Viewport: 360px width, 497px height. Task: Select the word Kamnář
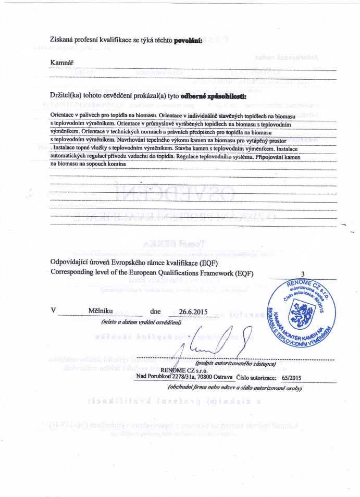(x=61, y=63)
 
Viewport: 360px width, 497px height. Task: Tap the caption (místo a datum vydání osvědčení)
(x=141, y=321)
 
